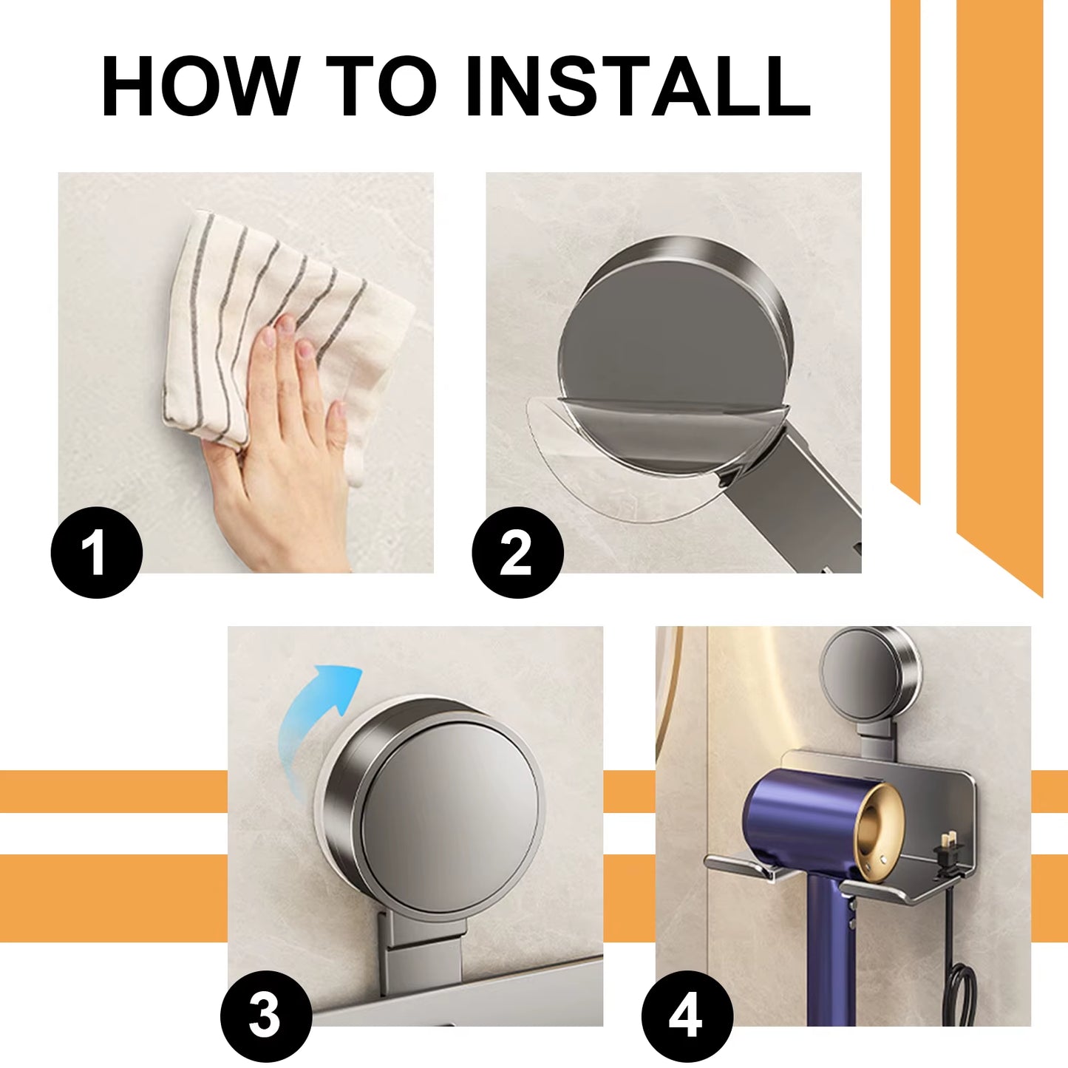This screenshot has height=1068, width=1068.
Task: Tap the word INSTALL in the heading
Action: click(x=637, y=86)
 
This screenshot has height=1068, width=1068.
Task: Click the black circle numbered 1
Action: click(x=96, y=552)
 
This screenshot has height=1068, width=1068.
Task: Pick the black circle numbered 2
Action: click(x=517, y=552)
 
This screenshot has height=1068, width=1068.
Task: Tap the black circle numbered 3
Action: click(x=265, y=1016)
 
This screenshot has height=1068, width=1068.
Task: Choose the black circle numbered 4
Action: click(x=687, y=1016)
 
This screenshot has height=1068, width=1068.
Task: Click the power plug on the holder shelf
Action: click(x=946, y=850)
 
